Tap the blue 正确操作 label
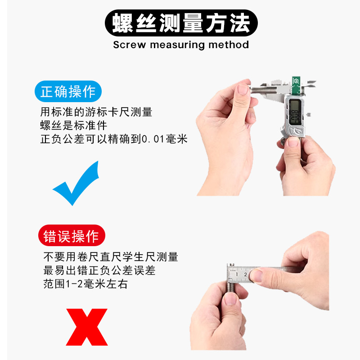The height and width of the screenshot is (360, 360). (68, 91)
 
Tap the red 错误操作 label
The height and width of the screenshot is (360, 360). (71, 236)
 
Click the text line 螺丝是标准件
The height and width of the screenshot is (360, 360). (74, 126)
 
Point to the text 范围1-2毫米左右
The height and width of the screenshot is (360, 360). (86, 285)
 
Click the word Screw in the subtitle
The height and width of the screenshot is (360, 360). (129, 45)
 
